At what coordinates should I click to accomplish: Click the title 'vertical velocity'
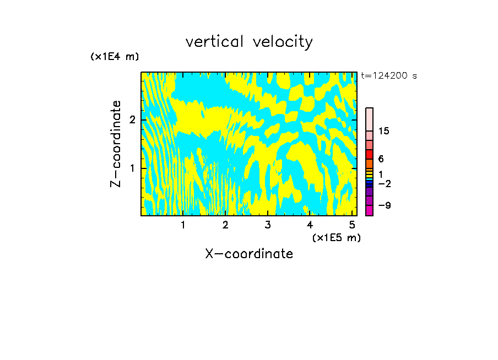tap(249, 42)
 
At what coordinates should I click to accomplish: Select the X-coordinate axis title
tap(249, 254)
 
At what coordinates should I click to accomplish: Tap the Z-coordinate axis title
tap(116, 144)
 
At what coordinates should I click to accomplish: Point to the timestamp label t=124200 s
tap(389, 76)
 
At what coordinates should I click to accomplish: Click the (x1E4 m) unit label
tap(115, 57)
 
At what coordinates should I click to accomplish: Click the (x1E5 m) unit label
tap(336, 237)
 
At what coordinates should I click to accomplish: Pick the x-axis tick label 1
tap(183, 225)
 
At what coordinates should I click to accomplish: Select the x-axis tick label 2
tap(225, 225)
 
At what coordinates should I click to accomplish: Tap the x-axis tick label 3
tap(268, 225)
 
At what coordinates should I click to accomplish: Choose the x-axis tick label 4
tap(310, 225)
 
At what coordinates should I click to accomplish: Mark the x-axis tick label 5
tap(352, 225)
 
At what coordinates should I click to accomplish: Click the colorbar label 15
tap(384, 131)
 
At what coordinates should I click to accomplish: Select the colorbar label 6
tap(381, 159)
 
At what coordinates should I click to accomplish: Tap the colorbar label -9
tap(384, 205)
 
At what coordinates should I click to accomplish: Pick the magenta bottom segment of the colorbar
tap(369, 210)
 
